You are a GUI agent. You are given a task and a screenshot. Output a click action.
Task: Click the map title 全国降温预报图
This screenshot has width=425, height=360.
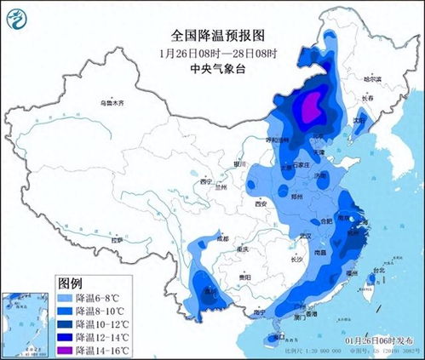click(x=212, y=36)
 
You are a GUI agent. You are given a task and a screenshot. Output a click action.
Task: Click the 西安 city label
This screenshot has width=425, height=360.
click(x=261, y=204)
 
